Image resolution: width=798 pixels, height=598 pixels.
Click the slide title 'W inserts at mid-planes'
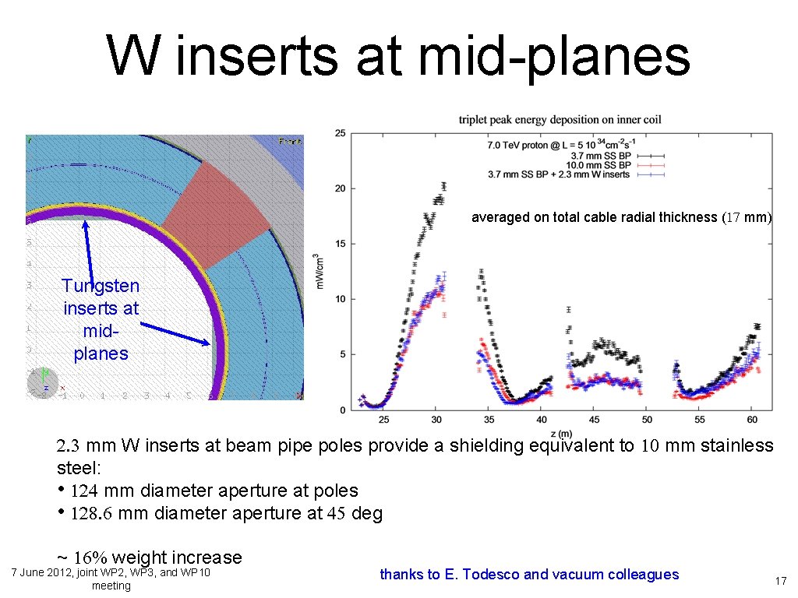pyautogui.click(x=398, y=56)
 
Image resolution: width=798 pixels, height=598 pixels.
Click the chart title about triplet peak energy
pyautogui.click(x=560, y=120)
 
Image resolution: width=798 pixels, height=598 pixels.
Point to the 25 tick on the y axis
pyautogui.click(x=341, y=134)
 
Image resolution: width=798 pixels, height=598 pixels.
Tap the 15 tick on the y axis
pyautogui.click(x=341, y=244)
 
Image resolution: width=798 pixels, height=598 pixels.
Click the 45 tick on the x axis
pyautogui.click(x=594, y=420)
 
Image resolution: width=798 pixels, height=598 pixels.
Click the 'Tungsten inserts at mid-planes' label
pyautogui.click(x=101, y=320)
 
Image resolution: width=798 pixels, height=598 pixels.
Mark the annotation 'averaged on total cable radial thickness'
pyautogui.click(x=621, y=218)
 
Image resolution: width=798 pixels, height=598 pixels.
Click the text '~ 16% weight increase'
pyautogui.click(x=150, y=558)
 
